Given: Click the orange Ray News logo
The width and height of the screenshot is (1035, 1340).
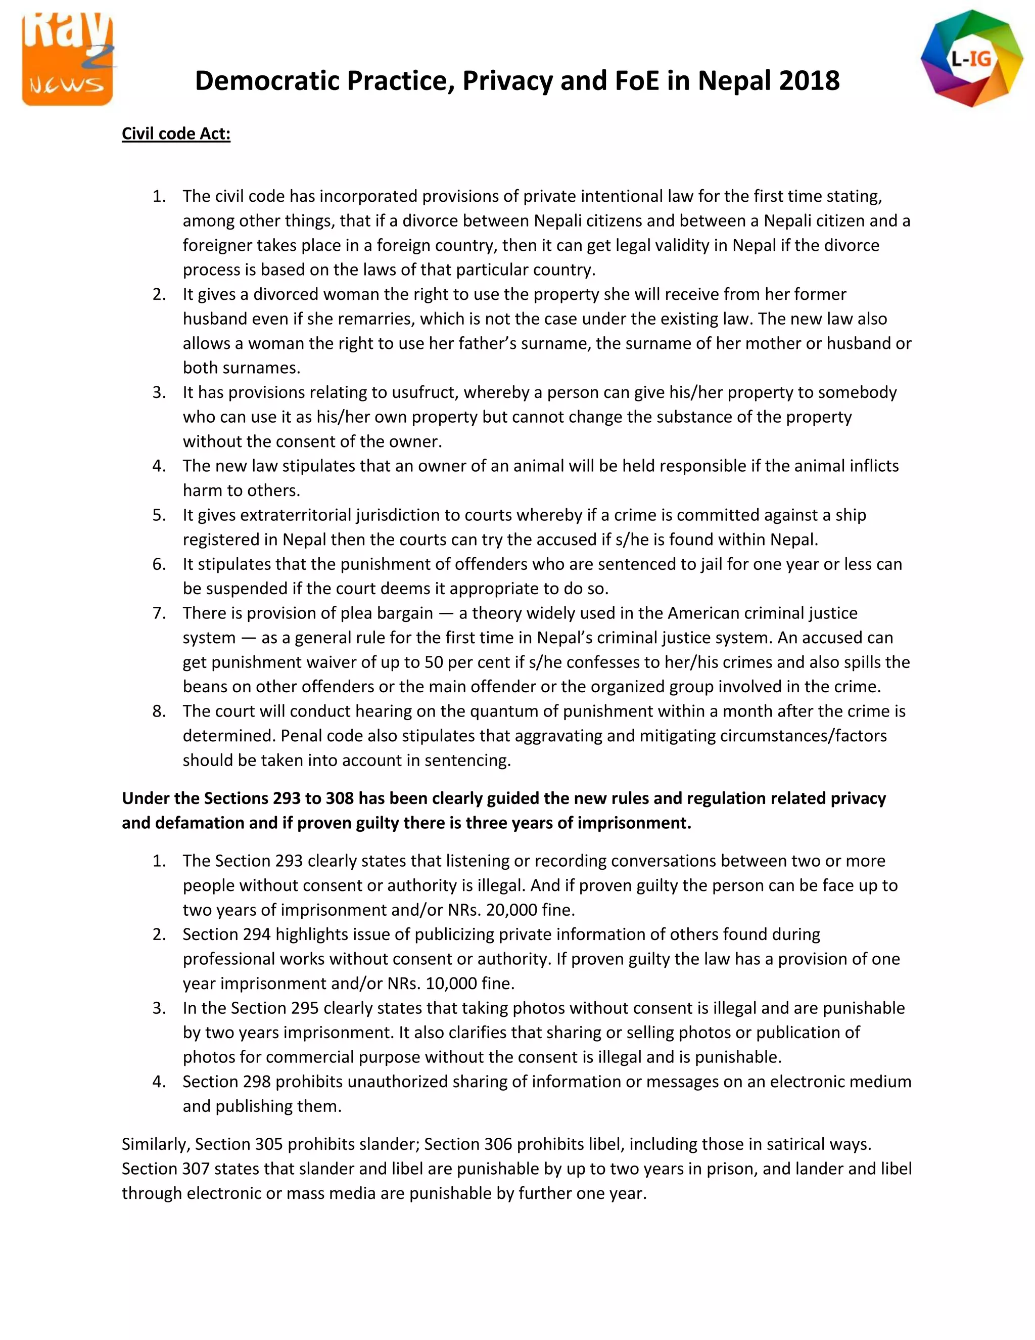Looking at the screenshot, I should [67, 58].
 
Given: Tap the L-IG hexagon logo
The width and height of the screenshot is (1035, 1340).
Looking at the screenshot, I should [971, 59].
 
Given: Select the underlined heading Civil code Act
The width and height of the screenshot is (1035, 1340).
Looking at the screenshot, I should [176, 134].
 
